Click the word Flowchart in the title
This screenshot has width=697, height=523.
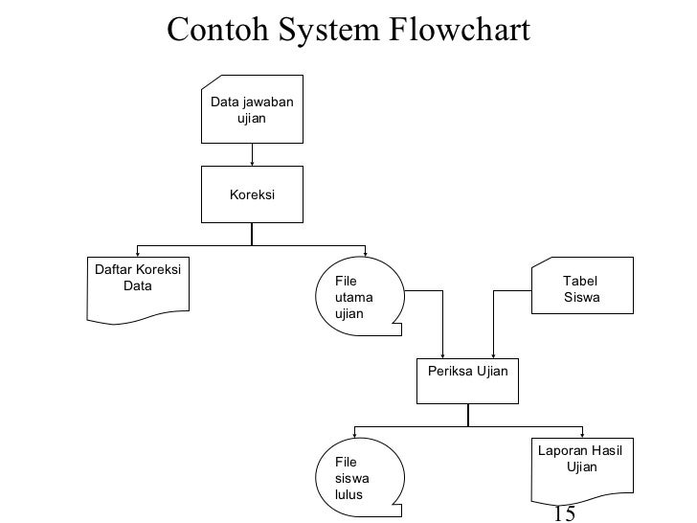point(460,30)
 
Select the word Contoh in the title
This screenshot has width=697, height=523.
point(218,30)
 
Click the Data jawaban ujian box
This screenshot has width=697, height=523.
point(252,109)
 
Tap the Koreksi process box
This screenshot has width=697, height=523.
point(252,194)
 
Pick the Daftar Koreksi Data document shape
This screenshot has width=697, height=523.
point(138,290)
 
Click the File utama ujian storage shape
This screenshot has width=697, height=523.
point(359,296)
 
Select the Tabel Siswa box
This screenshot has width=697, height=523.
point(582,285)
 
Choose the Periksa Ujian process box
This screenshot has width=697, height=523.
point(467,381)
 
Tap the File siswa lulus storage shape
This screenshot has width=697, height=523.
point(359,477)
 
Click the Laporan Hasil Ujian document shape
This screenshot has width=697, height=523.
point(582,471)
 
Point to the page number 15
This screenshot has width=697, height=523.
point(565,513)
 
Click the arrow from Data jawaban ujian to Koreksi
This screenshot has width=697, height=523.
point(252,155)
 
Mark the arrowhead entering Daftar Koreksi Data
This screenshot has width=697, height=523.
point(138,254)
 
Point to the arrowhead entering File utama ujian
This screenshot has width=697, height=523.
point(366,254)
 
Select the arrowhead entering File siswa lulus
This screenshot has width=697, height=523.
point(354,436)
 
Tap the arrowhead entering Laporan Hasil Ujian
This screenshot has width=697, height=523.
point(582,436)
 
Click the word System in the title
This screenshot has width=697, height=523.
point(329,31)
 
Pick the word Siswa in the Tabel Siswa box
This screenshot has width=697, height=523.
point(582,297)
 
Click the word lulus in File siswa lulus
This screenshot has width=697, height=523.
point(348,494)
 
